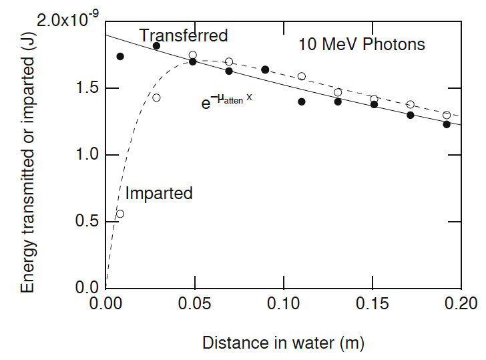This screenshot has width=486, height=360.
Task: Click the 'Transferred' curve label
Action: [x=184, y=35]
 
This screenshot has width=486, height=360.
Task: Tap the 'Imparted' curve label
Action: [x=159, y=194]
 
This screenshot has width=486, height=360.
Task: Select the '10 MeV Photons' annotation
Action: [x=361, y=45]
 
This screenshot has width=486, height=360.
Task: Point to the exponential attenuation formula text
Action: [x=227, y=100]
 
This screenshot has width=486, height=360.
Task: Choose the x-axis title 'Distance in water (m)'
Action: [x=283, y=343]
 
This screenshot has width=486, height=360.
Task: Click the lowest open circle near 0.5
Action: [x=120, y=214]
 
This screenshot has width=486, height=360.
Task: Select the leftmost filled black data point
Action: [x=120, y=56]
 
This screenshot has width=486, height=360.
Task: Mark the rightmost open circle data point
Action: [x=447, y=115]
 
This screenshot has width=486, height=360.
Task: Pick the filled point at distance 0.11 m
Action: [x=302, y=102]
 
